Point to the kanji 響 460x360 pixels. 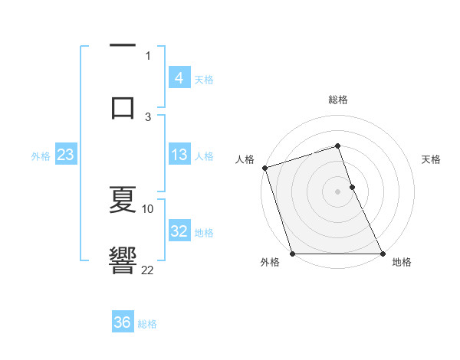(x=123, y=258)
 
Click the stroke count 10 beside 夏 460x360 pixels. (x=148, y=208)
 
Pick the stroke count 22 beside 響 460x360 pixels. (x=148, y=269)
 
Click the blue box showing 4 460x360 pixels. (x=179, y=78)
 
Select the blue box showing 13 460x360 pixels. (x=179, y=155)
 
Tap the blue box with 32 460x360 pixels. (x=179, y=231)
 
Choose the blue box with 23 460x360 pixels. (x=65, y=155)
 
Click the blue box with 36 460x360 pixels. (x=122, y=322)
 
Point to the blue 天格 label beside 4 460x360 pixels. (x=204, y=79)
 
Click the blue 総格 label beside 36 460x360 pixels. (x=147, y=323)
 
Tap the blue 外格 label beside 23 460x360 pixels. (x=41, y=155)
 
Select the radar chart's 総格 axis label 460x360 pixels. (x=338, y=100)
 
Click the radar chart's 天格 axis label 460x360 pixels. (x=431, y=159)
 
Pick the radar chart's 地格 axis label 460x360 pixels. (x=402, y=262)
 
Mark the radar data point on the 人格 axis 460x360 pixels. (x=264, y=168)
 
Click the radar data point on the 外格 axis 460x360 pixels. (x=292, y=254)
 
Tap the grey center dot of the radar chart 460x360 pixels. (x=338, y=191)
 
